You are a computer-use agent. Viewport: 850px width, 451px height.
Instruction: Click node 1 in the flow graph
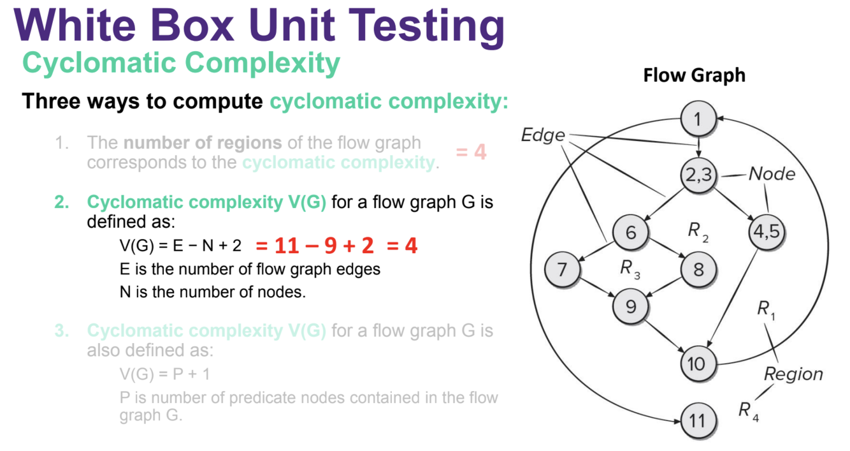point(698,119)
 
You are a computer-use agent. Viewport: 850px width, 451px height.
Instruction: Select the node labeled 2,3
point(699,177)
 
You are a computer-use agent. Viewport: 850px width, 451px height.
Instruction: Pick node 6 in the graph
point(631,232)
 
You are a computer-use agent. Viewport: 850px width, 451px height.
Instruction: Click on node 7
point(562,269)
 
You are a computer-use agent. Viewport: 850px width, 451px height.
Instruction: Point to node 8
point(699,269)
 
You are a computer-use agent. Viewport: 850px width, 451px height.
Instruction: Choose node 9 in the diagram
point(631,307)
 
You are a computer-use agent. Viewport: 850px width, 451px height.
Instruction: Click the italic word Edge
point(543,135)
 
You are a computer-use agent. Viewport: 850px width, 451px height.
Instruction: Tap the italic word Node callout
point(772,174)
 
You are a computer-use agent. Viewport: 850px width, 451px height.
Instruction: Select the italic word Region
point(793,374)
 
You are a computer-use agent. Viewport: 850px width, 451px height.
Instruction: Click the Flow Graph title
point(694,75)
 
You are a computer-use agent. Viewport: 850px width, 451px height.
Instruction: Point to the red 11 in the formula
point(287,246)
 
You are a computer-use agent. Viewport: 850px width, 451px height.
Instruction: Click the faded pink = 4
point(471,152)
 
